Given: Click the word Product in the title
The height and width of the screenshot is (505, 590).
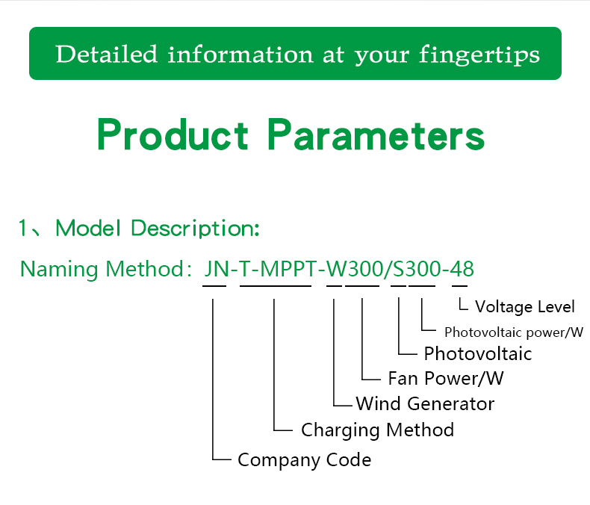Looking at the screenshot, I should coord(173,135).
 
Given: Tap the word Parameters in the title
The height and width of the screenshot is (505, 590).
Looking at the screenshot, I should coord(376,135).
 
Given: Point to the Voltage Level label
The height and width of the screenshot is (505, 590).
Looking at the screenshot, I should coord(525,306).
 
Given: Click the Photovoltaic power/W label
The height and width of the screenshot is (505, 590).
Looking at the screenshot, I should coord(513,332).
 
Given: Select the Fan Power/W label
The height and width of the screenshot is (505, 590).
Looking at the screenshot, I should coord(446,378).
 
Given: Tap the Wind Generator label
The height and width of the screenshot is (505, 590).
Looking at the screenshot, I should coord(425,404).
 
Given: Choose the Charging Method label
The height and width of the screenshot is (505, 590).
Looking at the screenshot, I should coord(377,430).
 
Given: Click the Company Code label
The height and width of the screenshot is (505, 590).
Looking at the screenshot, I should coord(304,459).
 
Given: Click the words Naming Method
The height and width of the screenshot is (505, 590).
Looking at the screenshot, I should coord(101,269).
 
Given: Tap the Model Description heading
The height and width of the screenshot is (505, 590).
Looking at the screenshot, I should coord(158,228).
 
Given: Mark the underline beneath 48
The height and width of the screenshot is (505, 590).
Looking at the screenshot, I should coord(459,286).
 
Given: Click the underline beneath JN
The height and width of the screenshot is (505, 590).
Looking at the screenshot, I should coord(214,286).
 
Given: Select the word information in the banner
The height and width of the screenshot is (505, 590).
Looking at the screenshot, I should coord(240,54).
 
